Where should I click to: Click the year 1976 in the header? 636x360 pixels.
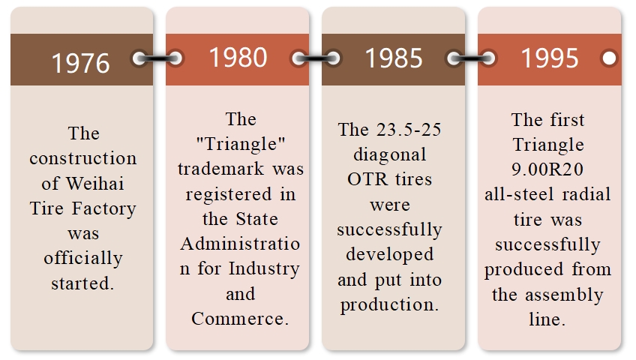[x=81, y=63]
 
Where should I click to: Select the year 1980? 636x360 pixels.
[x=238, y=57]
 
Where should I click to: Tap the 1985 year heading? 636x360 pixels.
[x=394, y=58]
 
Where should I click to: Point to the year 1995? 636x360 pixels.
[x=550, y=58]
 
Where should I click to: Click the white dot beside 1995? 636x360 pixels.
[x=609, y=58]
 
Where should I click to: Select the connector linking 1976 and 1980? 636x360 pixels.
[x=157, y=58]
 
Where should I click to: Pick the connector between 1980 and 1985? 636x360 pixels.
[x=316, y=58]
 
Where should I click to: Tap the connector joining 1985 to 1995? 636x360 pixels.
[x=471, y=58]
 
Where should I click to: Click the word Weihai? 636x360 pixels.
[x=95, y=184]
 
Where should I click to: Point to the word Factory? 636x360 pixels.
[x=103, y=209]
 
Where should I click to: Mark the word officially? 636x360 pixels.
[x=83, y=259]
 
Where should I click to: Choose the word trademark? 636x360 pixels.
[x=221, y=169]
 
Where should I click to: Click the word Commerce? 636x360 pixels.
[x=240, y=319]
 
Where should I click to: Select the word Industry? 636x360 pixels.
[x=264, y=269]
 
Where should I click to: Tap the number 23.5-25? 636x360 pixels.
[x=409, y=130]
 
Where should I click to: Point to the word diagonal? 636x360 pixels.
[x=390, y=155]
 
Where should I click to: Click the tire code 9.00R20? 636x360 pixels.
[x=547, y=169]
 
